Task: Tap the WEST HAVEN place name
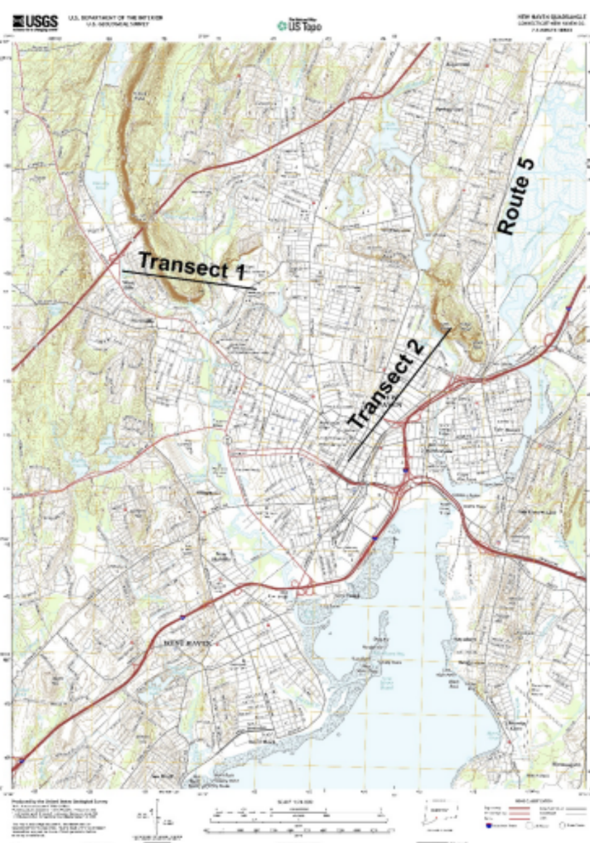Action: [189, 642]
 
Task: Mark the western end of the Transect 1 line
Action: [123, 270]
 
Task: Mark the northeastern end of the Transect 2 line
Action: [451, 329]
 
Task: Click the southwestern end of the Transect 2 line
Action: [347, 460]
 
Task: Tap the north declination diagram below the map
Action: [157, 820]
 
